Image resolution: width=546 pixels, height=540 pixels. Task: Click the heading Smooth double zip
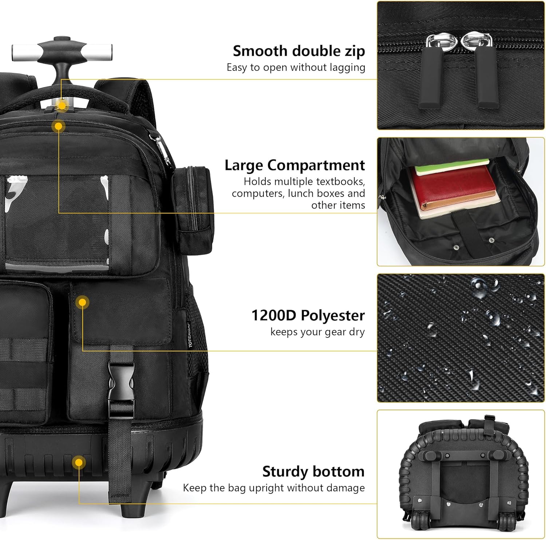pos(299,51)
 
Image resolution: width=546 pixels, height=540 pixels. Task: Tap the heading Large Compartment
pos(294,165)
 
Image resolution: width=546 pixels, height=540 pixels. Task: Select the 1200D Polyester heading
pos(308,315)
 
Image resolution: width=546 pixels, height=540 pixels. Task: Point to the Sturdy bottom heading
pos(313,472)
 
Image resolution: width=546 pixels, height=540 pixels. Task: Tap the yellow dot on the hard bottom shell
pos(78,463)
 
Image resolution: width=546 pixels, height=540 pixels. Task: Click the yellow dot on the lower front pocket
pos(83,302)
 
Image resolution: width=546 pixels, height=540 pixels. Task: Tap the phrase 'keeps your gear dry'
pos(317,332)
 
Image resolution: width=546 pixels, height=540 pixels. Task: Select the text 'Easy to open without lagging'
pos(296,67)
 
